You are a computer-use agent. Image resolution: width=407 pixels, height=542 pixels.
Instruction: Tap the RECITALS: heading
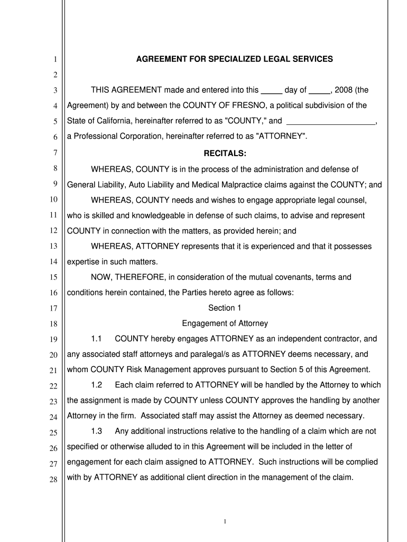point(225,154)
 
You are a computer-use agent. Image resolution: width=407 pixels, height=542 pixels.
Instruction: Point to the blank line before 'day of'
point(272,91)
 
